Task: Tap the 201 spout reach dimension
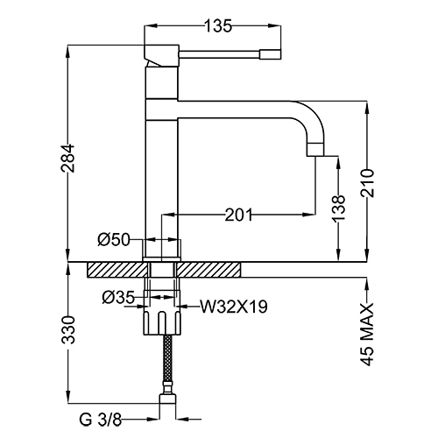pyautogui.click(x=240, y=214)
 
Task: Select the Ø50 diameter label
pyautogui.click(x=114, y=238)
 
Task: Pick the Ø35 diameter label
pyautogui.click(x=117, y=298)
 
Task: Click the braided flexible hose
pyautogui.click(x=165, y=364)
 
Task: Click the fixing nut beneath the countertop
pyautogui.click(x=165, y=320)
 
